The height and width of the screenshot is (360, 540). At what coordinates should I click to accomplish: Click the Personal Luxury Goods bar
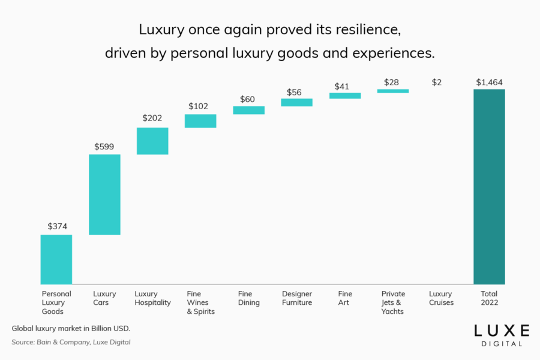click(56, 259)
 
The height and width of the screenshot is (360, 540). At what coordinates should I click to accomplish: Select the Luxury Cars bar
click(104, 194)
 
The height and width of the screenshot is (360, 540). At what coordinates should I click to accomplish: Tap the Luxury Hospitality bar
click(152, 141)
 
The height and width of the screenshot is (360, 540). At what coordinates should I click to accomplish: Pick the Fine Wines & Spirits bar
click(200, 121)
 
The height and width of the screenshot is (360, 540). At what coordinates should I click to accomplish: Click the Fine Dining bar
click(248, 110)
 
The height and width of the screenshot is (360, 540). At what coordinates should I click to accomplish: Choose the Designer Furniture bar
click(296, 103)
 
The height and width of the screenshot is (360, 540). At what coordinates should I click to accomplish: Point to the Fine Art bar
click(345, 95)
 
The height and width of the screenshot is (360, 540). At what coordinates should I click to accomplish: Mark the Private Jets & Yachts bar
click(393, 91)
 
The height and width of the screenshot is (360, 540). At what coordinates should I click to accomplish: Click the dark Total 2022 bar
click(489, 187)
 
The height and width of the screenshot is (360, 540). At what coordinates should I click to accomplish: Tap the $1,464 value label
click(489, 82)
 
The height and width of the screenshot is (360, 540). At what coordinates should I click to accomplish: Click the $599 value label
click(104, 146)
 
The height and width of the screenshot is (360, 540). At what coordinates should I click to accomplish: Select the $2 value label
click(437, 82)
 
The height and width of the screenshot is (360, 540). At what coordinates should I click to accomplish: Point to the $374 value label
click(58, 226)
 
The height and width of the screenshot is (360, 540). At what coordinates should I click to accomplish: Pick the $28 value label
click(391, 82)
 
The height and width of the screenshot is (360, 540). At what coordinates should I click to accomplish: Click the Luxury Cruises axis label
click(441, 298)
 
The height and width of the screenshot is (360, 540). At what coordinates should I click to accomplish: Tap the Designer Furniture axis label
click(297, 298)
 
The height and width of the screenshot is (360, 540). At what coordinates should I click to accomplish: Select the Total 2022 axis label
click(490, 298)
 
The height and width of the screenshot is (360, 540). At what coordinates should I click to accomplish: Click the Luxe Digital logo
click(502, 335)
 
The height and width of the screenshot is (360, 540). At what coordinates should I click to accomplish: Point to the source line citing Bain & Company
click(71, 342)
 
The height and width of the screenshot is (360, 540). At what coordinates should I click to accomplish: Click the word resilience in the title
click(360, 29)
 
